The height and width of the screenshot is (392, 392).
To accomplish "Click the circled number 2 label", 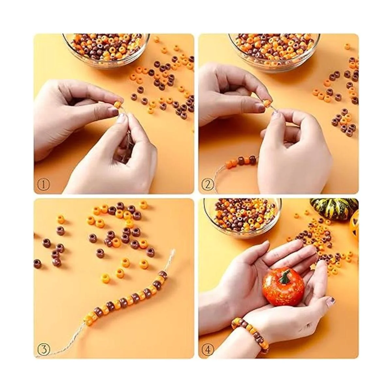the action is pyautogui.click(x=208, y=185).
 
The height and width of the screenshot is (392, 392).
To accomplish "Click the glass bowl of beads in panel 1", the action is pyautogui.click(x=106, y=49).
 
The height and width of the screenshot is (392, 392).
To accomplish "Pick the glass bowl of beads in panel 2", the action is pyautogui.click(x=274, y=48).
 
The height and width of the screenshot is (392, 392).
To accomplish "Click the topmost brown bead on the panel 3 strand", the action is pyautogui.click(x=163, y=274).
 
